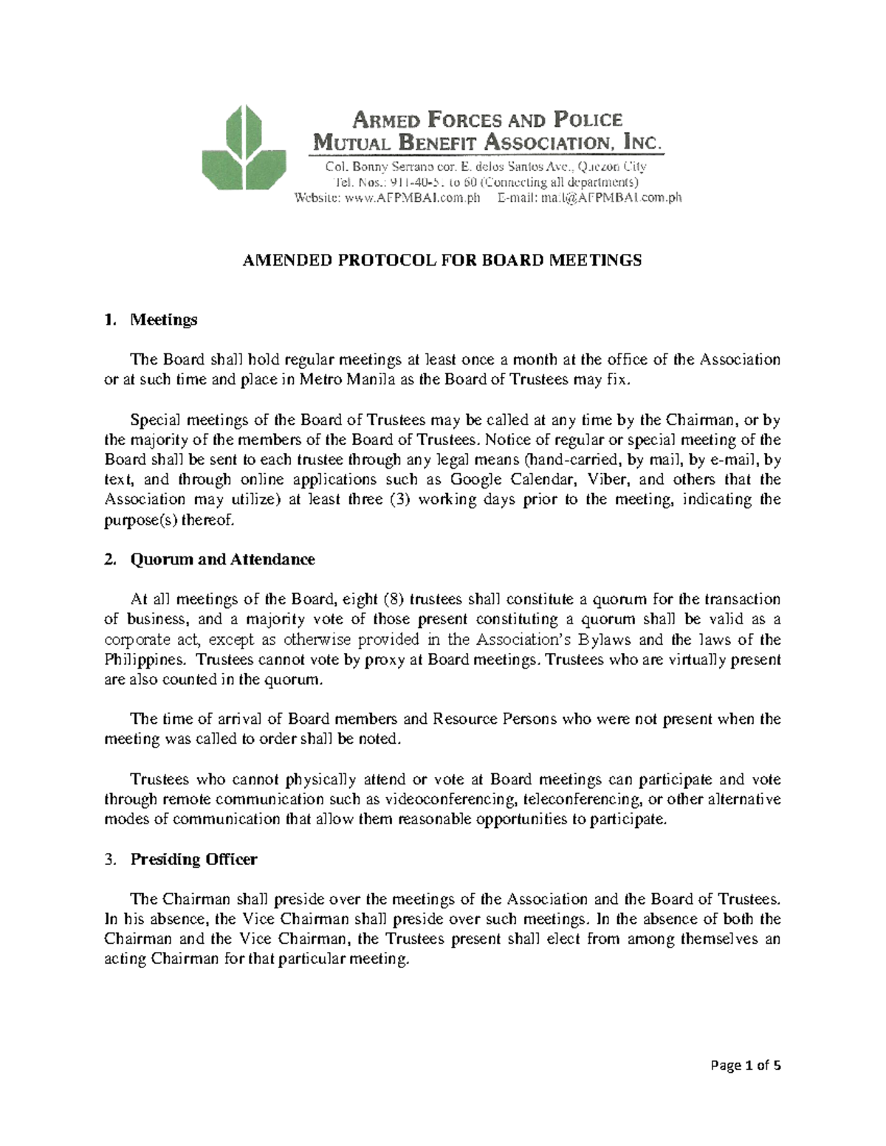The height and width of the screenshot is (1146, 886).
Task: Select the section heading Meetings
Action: [x=163, y=320]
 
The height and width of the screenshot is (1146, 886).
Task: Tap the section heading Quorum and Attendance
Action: [x=222, y=559]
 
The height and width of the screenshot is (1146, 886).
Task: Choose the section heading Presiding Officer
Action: [x=193, y=859]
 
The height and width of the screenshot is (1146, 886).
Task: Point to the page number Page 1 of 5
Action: [x=745, y=1085]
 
